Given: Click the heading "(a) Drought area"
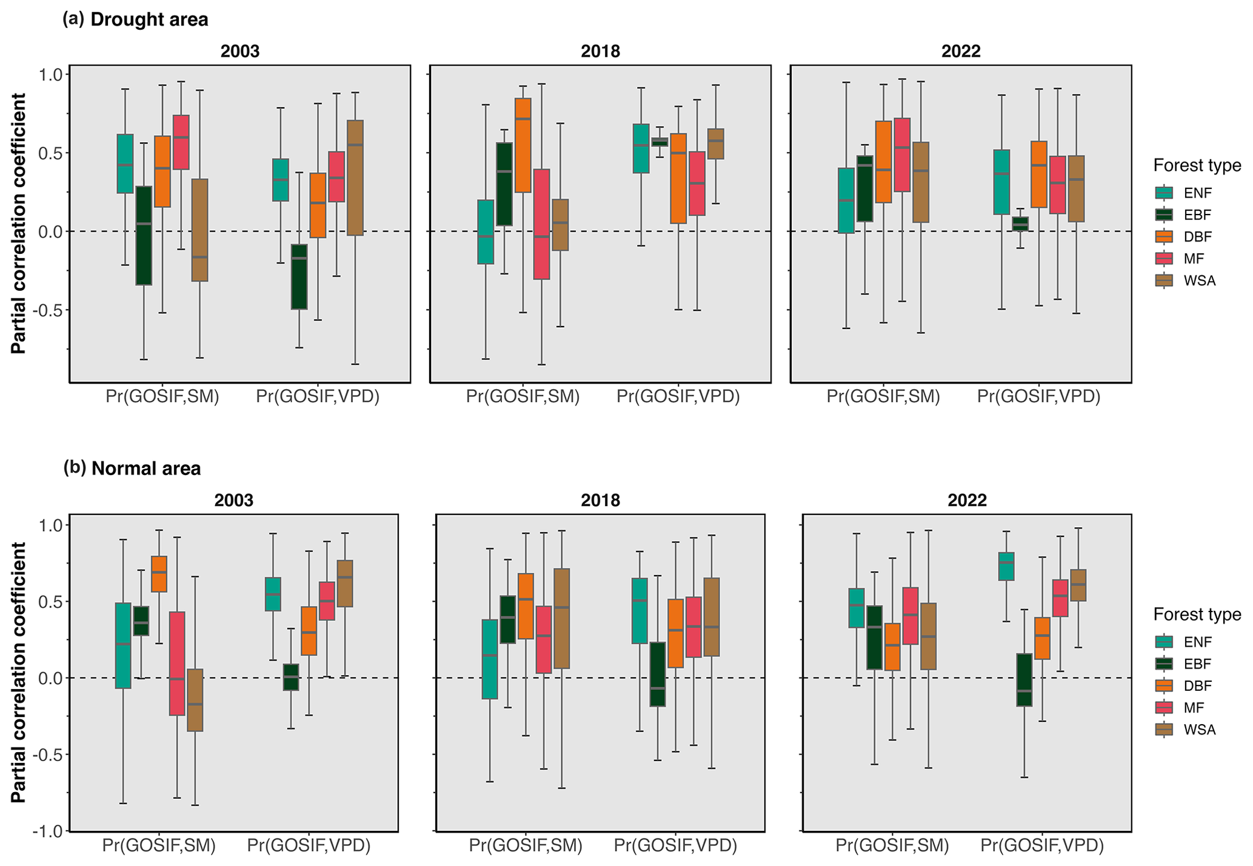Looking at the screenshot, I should click(x=135, y=19).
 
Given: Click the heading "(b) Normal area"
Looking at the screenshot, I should click(x=132, y=468).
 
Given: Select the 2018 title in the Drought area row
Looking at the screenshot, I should click(x=600, y=52).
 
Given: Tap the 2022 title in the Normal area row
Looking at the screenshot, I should click(x=967, y=501).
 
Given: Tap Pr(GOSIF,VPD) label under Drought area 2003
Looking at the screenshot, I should click(x=318, y=397).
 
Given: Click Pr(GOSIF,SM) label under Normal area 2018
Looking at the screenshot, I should click(x=526, y=846).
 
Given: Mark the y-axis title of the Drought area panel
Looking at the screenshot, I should click(x=19, y=223).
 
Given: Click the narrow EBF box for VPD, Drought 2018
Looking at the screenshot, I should click(x=659, y=142).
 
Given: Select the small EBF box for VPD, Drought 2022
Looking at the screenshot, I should click(x=1020, y=224).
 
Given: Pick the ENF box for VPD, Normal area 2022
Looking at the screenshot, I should click(x=1006, y=566).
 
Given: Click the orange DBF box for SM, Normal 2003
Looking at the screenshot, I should click(x=159, y=573).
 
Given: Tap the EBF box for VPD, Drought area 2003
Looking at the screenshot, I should click(x=299, y=276).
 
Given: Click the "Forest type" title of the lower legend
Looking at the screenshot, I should click(x=1197, y=615).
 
